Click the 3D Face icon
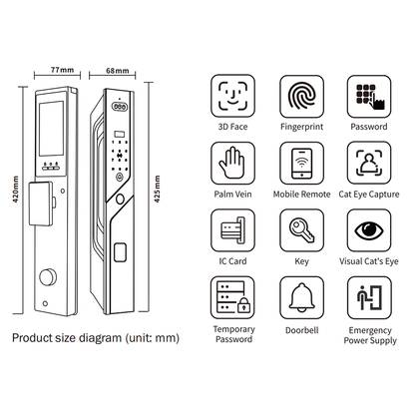click(232, 96)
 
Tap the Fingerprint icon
click(300, 96)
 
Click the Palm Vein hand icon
click(232, 164)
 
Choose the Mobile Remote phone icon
click(300, 164)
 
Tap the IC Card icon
click(232, 231)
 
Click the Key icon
click(300, 231)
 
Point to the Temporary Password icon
click(232, 299)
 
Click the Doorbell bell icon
click(300, 299)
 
